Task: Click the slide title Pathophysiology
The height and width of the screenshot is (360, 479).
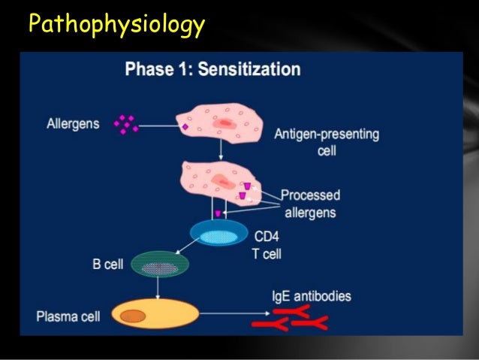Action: coord(116,25)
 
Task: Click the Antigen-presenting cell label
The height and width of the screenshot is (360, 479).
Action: coord(326,141)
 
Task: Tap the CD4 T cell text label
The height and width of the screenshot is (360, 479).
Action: coord(266,245)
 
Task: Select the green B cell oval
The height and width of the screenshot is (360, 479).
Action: coord(159,265)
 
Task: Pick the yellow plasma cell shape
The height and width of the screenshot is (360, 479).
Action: coord(153,313)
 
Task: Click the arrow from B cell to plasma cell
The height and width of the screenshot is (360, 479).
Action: coord(158,288)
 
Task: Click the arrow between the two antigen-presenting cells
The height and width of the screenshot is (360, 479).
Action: coord(220,153)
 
